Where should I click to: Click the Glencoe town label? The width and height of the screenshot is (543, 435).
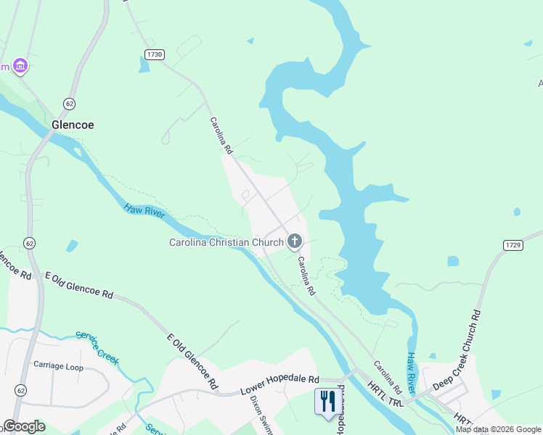73,125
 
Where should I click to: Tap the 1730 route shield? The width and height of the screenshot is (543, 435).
154,54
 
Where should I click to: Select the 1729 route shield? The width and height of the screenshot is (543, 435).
513,246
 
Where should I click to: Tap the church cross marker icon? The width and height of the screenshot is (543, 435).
295,241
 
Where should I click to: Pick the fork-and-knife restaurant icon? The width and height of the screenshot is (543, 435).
326,400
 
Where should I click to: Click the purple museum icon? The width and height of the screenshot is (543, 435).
20,67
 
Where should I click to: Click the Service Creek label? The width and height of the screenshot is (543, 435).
97,348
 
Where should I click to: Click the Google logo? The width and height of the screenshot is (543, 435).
24,426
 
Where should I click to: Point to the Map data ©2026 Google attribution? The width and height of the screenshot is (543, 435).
498,429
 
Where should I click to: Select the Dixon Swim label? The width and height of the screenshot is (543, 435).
261,414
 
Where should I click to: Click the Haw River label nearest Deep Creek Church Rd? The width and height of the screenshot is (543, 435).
412,371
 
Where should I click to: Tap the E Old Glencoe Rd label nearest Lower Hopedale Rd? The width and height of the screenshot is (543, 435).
192,360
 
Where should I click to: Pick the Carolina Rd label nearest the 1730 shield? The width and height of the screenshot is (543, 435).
221,136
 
